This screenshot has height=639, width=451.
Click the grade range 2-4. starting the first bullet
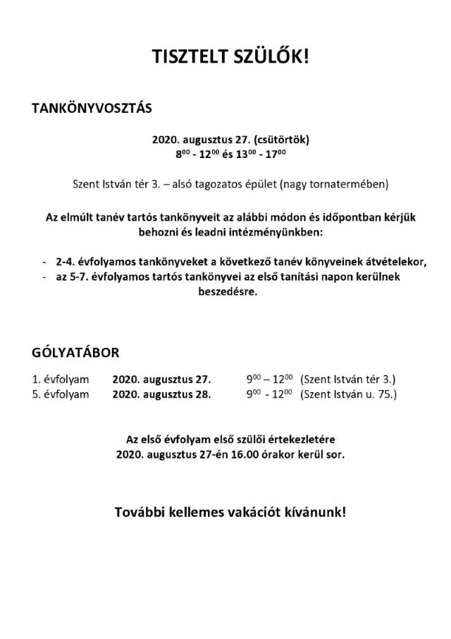tap(66, 261)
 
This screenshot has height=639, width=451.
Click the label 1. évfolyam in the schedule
tap(61, 379)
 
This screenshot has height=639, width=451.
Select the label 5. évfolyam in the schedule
tap(61, 394)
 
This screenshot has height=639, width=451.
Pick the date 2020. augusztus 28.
tap(161, 394)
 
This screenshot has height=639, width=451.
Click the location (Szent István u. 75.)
tap(348, 394)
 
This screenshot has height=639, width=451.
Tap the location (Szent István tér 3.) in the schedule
tap(348, 379)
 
